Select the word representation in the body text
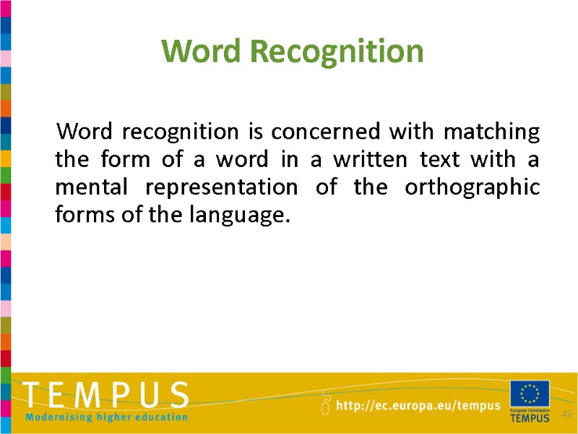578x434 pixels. (221, 187)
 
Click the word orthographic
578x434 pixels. (472, 187)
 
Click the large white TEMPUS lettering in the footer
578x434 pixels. (106, 396)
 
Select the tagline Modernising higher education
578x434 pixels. (106, 417)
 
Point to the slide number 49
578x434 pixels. (566, 414)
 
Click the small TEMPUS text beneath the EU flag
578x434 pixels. (530, 417)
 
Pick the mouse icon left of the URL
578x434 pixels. (325, 404)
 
